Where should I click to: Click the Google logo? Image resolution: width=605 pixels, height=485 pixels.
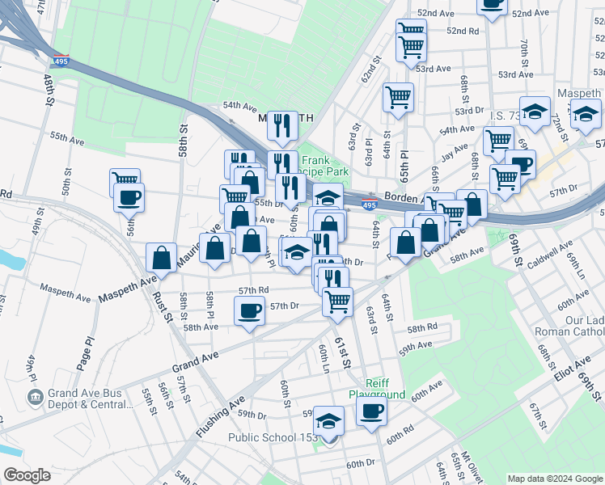(x=27, y=475)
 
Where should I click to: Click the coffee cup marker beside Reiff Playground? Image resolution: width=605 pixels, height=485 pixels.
(x=371, y=411)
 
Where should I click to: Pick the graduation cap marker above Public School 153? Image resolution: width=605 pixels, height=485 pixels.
(x=328, y=420)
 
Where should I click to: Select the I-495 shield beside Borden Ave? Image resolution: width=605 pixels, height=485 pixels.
(x=369, y=205)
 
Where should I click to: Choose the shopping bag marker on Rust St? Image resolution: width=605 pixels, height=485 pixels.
(x=162, y=258)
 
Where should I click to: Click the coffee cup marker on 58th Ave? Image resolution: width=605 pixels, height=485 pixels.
(x=249, y=310)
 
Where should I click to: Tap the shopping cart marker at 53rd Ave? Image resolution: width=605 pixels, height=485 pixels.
(x=399, y=97)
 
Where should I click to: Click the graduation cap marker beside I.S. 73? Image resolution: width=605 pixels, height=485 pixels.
(x=535, y=112)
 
